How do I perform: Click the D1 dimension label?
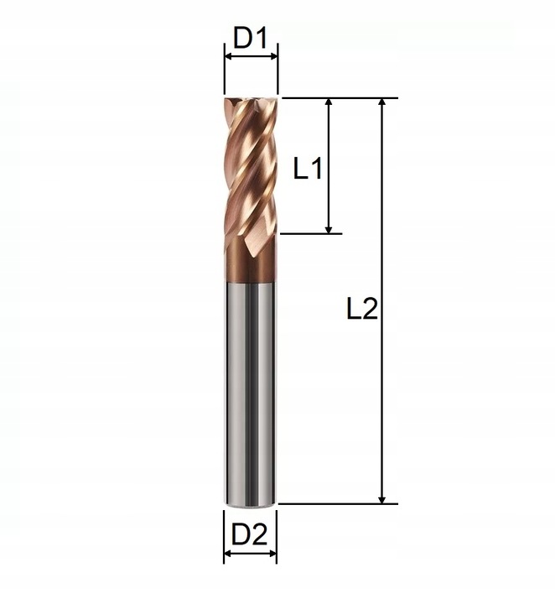pyautogui.click(x=250, y=38)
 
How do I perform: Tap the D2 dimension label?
pyautogui.click(x=249, y=534)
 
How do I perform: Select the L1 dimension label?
pyautogui.click(x=308, y=169)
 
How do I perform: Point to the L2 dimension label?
pyautogui.click(x=362, y=310)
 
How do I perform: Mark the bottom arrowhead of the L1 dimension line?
pyautogui.click(x=329, y=227)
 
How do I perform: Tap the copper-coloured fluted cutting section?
pyautogui.click(x=250, y=168)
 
